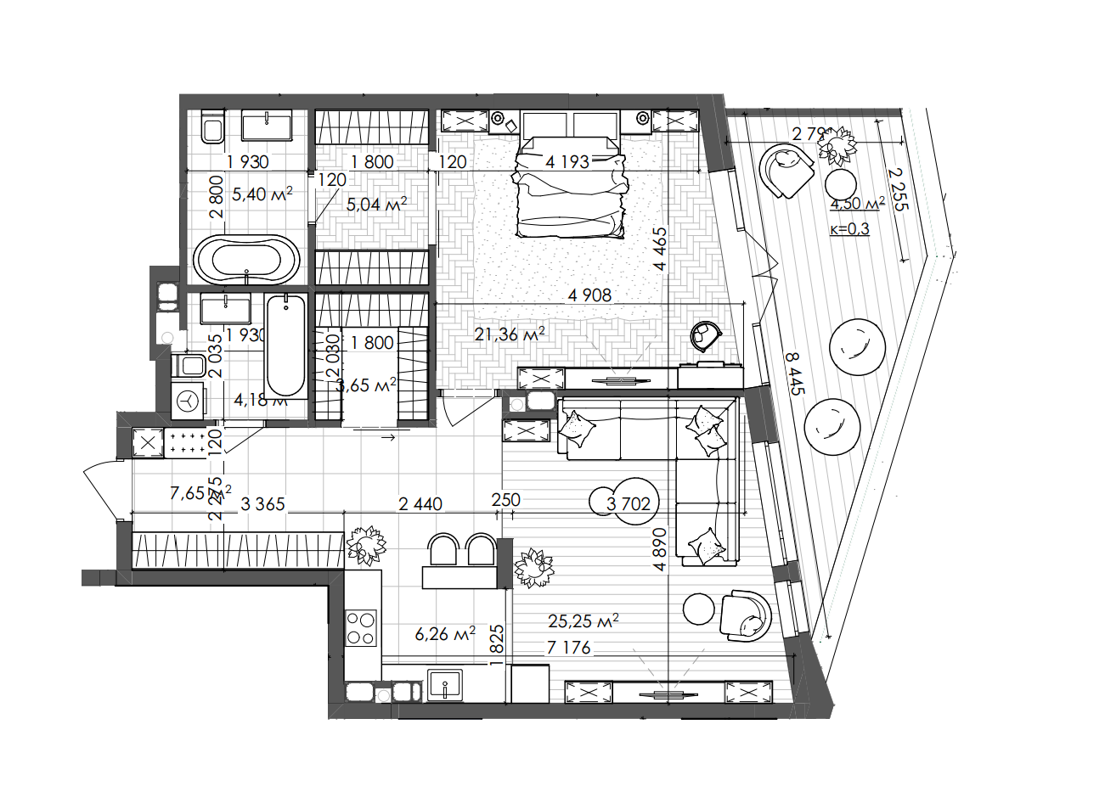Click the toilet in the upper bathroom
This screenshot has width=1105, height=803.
coord(211,127)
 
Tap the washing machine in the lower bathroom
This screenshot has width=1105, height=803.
coord(189,399)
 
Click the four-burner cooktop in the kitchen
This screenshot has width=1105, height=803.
coord(360,629)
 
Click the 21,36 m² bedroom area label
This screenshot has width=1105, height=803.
coord(510,334)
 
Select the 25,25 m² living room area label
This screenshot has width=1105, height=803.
coord(583,620)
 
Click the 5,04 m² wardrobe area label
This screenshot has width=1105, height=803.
coord(376,204)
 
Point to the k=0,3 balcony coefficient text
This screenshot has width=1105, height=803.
coord(848,228)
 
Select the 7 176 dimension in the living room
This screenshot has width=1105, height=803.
coord(568,648)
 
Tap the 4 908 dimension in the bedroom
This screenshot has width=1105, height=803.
coord(589,295)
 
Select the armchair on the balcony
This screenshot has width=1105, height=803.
coord(786,171)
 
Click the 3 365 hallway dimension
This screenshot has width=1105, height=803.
coord(262,504)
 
